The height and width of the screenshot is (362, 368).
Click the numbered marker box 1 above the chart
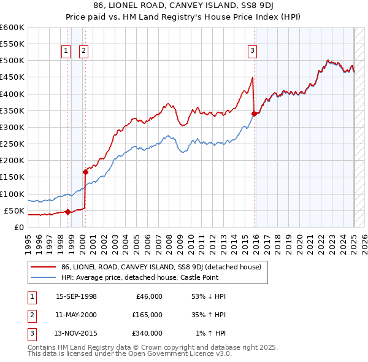point(66,52)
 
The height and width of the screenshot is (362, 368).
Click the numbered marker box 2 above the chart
point(83,52)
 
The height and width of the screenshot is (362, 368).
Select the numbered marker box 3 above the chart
point(252,52)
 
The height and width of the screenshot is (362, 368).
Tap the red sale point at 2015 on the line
point(255,114)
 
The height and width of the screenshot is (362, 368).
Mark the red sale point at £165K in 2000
point(85,172)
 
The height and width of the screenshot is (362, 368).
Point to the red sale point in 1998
point(67,212)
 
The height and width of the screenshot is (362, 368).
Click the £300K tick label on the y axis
point(12,127)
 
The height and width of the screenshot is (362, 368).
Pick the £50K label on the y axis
point(15,210)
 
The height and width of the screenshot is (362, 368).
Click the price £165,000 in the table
point(147,315)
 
